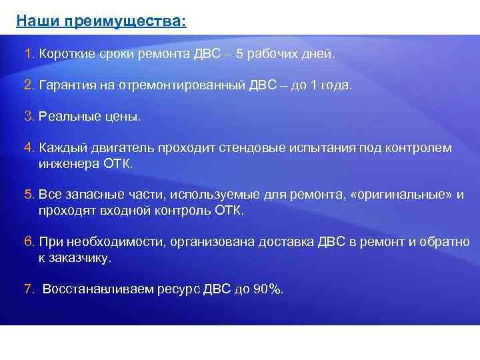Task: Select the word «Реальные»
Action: [x=67, y=117]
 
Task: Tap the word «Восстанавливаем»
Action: [x=98, y=289]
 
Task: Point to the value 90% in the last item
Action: [x=267, y=289]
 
